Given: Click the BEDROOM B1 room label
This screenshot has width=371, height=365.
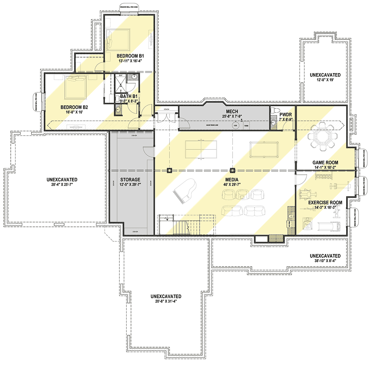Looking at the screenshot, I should (x=131, y=56).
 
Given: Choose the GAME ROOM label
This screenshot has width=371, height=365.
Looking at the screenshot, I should (x=325, y=162).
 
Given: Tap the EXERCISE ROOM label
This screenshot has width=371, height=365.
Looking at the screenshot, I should (x=325, y=203).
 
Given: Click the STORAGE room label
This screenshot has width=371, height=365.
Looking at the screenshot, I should (x=130, y=180).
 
